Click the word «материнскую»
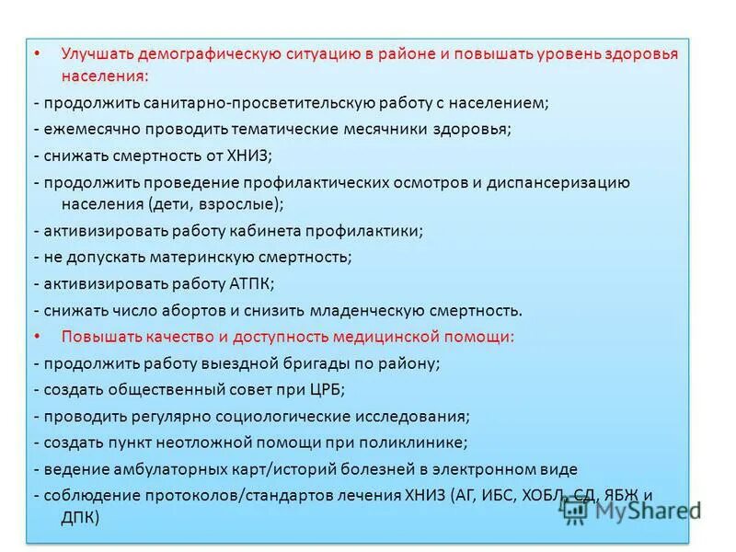pyautogui.click(x=190, y=257)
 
